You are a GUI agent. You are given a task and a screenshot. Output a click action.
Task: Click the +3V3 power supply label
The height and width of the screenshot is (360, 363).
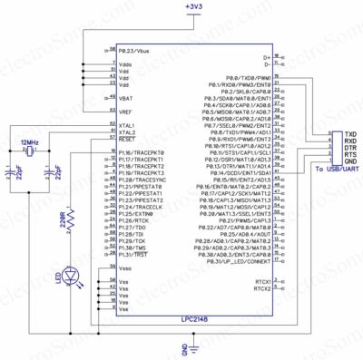click(x=192, y=7)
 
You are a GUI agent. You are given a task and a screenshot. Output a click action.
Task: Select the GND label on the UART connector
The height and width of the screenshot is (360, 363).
click(x=349, y=161)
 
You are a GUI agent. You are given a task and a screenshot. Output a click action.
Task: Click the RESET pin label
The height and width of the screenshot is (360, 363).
click(x=127, y=140)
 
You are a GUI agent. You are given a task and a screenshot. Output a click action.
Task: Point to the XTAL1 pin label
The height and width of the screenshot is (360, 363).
click(x=127, y=126)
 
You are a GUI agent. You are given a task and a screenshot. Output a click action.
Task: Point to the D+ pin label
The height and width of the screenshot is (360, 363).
click(x=267, y=57)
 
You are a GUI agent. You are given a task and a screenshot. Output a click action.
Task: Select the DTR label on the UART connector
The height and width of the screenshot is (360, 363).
click(x=349, y=148)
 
